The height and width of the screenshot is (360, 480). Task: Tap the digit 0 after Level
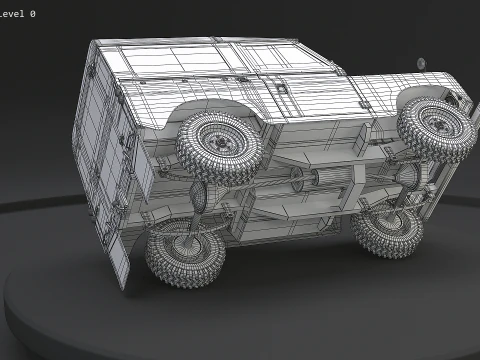[33, 14]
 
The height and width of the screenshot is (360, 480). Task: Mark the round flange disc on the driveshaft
[297, 183]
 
